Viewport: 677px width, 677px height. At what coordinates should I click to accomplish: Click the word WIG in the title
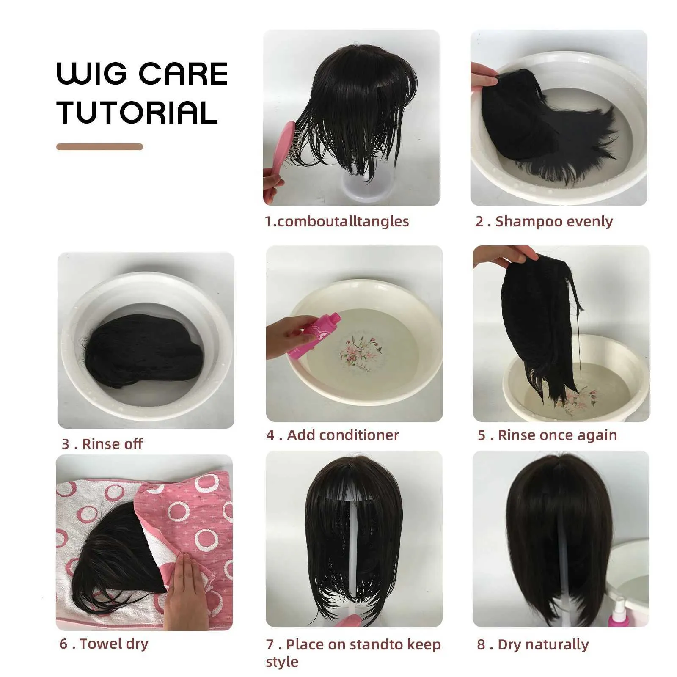click(91, 74)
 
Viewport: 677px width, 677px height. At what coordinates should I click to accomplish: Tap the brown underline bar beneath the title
click(99, 147)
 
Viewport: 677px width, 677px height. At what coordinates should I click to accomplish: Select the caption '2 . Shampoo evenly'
click(544, 221)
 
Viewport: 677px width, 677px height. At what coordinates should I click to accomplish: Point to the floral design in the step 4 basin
click(362, 353)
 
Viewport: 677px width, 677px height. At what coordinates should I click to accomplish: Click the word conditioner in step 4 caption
click(343, 435)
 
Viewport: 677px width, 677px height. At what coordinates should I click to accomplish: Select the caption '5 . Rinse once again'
click(547, 435)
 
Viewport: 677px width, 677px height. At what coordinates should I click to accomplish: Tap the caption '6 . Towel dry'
click(104, 644)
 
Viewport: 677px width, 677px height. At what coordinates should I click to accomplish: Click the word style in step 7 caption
click(282, 662)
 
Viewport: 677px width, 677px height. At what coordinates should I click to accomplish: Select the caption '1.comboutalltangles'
click(337, 221)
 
